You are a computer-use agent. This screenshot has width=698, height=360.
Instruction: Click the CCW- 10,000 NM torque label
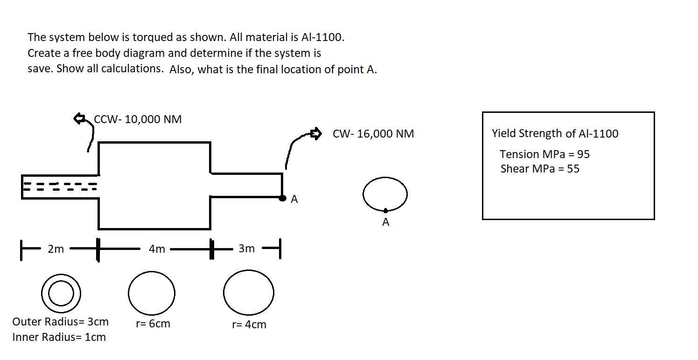click(138, 119)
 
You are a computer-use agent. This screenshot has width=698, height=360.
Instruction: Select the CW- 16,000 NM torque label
click(373, 134)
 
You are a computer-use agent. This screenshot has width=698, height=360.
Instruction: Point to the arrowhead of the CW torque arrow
click(317, 134)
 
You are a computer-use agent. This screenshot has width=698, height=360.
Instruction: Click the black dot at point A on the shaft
click(282, 198)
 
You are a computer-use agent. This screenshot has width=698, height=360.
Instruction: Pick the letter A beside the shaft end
click(294, 200)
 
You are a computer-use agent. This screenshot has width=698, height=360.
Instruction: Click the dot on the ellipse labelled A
click(385, 211)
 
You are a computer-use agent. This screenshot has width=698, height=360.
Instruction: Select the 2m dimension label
click(56, 249)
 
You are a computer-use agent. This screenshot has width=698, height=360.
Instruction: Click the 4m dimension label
click(157, 249)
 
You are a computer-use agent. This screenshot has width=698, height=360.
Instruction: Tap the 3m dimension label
click(246, 249)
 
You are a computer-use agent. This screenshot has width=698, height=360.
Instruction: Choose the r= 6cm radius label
click(153, 324)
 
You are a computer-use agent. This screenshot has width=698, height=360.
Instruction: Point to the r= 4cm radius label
click(249, 325)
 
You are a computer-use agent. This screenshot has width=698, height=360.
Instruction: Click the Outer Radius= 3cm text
click(60, 322)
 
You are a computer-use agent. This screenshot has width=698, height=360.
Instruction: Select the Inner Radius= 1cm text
click(59, 337)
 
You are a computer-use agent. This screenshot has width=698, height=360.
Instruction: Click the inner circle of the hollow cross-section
click(61, 293)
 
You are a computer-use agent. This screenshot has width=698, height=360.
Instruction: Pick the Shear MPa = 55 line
click(540, 169)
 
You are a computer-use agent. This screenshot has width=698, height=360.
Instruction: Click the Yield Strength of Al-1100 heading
click(555, 133)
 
